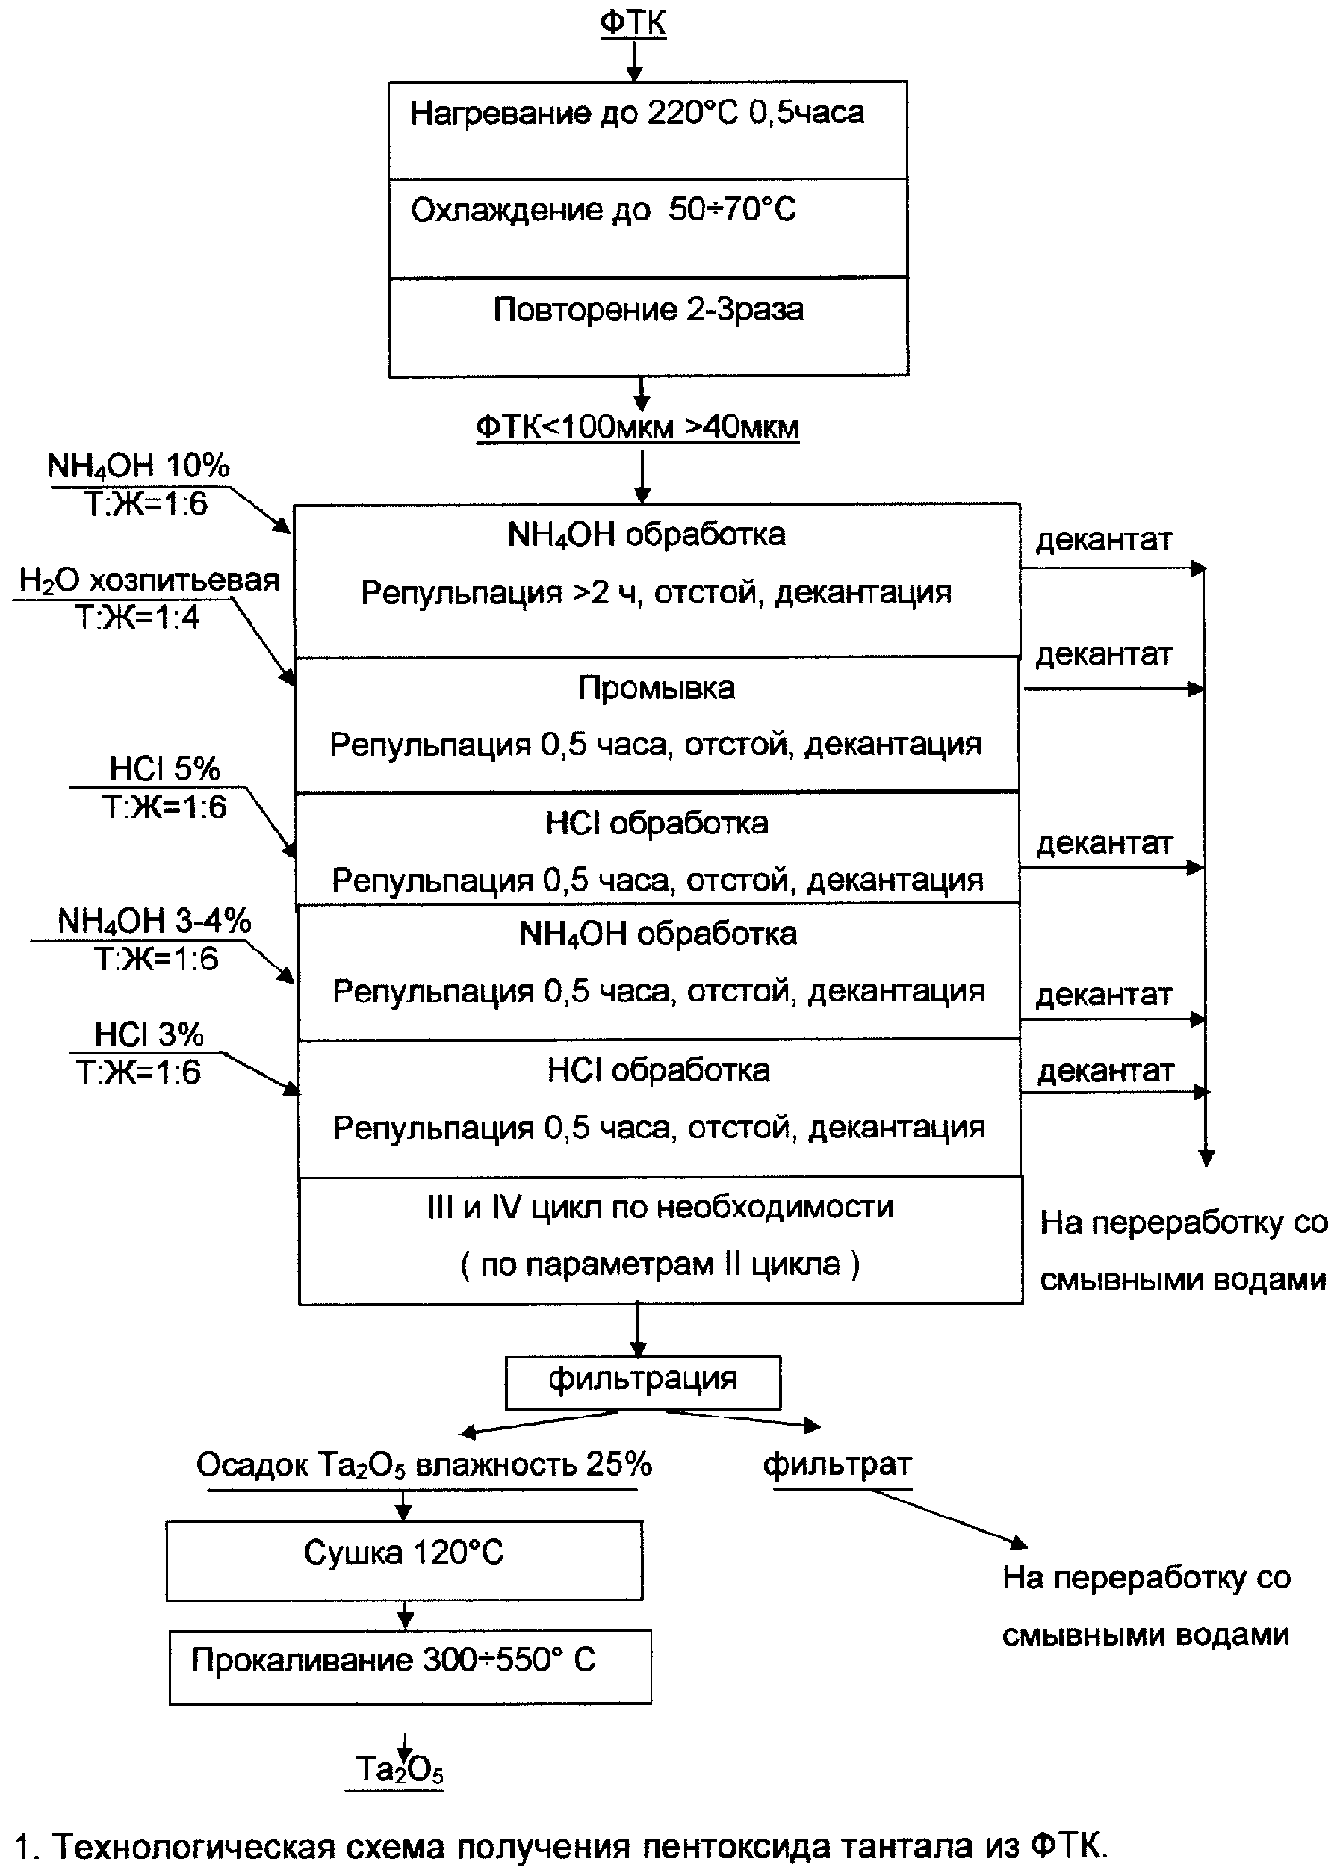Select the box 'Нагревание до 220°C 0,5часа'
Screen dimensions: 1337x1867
pyautogui.click(x=648, y=129)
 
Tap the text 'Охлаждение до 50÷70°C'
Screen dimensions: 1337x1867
pyautogui.click(x=604, y=210)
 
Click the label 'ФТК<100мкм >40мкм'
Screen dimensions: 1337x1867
pyautogui.click(x=637, y=426)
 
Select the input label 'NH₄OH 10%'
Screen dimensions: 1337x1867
pyautogui.click(x=138, y=466)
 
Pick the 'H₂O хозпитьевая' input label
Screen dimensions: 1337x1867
pyautogui.click(x=149, y=580)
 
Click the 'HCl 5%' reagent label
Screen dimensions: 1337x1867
pyautogui.click(x=164, y=769)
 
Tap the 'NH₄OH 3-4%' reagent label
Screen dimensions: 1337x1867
pyautogui.click(x=154, y=920)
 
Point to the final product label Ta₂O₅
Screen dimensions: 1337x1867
pyautogui.click(x=400, y=1769)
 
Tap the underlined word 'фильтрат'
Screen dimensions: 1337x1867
pyautogui.click(x=837, y=1464)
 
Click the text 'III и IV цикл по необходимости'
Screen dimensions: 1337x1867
pyautogui.click(x=660, y=1207)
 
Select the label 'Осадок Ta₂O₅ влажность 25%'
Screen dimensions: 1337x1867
pyautogui.click(x=424, y=1464)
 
